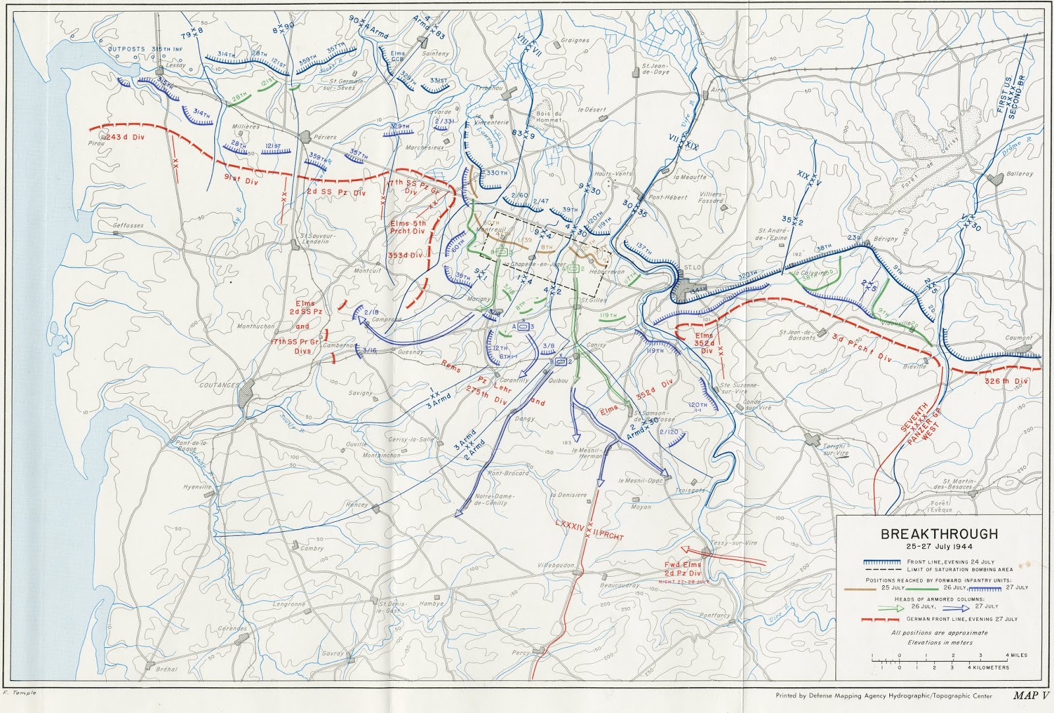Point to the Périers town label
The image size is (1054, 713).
pos(324,138)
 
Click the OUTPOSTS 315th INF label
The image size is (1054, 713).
pos(144,49)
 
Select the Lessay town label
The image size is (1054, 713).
pos(176,66)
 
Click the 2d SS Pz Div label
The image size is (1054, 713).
pos(335,193)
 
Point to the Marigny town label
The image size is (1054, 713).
pos(479,300)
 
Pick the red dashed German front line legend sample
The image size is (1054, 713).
pos(881,620)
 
